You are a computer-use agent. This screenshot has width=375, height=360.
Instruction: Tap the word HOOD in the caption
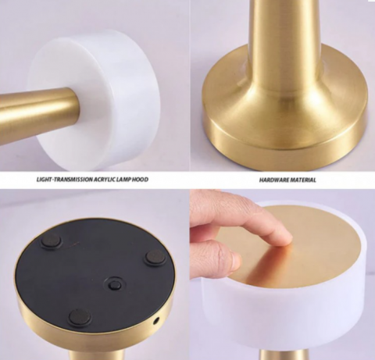(140, 180)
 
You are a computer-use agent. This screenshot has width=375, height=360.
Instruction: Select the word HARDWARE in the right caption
(272, 180)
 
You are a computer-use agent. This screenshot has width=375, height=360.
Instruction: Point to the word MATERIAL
(302, 180)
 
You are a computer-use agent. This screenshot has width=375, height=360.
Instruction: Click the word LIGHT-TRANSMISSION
(64, 180)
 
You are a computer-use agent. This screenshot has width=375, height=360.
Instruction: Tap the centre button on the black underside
(114, 283)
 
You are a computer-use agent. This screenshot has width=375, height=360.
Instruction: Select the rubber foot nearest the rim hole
(155, 258)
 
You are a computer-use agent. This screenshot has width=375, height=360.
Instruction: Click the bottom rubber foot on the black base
(80, 318)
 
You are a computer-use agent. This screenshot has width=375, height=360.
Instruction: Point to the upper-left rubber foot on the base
(52, 241)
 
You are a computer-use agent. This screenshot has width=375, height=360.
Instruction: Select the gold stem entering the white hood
(39, 109)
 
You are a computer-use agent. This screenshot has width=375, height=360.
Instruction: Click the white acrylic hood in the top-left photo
(104, 102)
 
